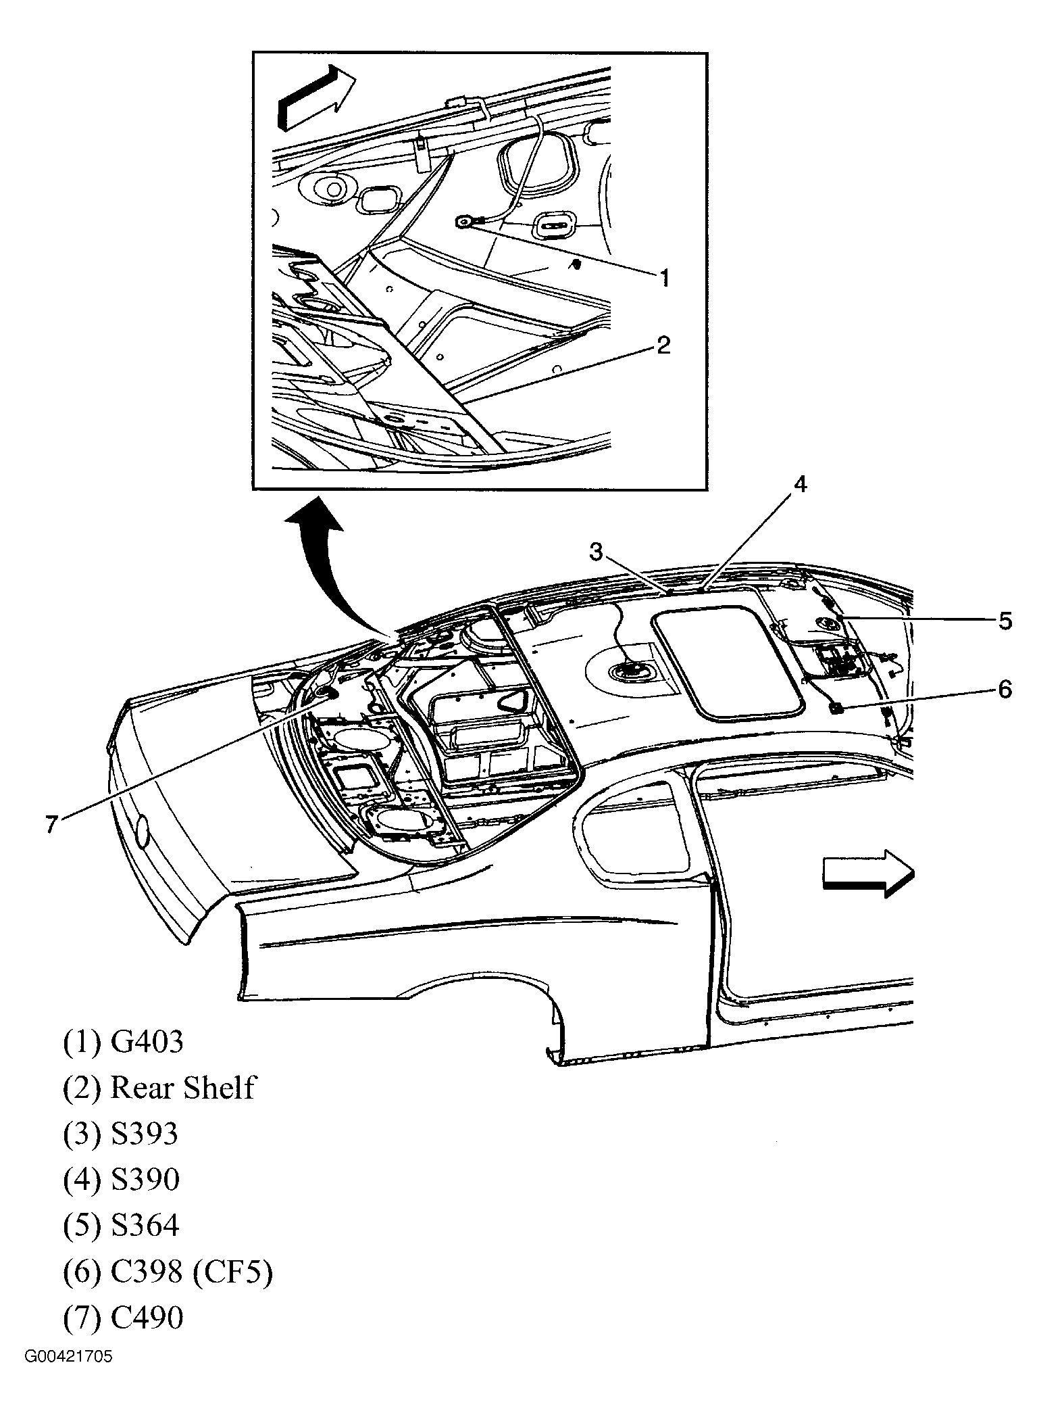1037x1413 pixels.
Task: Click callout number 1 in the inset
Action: tap(664, 277)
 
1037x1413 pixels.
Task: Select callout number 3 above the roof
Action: tap(595, 552)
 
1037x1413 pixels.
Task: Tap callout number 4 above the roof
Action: tap(799, 485)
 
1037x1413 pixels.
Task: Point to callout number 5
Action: tap(1005, 620)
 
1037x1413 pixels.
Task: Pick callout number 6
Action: tap(1005, 690)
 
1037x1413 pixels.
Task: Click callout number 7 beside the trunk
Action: tap(51, 825)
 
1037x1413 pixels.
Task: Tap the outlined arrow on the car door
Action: tap(867, 874)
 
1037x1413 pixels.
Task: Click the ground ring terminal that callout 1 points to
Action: tap(464, 222)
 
